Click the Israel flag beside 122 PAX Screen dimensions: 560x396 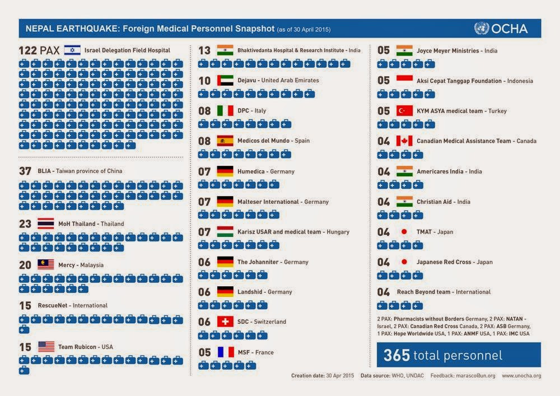(x=72, y=50)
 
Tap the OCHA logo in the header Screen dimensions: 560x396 (x=501, y=29)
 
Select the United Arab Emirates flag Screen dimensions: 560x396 (x=225, y=80)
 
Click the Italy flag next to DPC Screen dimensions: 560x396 (x=225, y=111)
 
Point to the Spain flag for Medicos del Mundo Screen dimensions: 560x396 (x=225, y=141)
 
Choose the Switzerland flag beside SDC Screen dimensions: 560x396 (x=225, y=322)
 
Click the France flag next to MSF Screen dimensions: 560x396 (x=225, y=352)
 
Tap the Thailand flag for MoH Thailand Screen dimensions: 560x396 (x=46, y=223)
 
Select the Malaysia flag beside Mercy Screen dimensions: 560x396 (x=46, y=264)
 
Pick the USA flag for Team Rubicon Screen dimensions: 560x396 (x=46, y=346)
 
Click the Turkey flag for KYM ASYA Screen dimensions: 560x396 (x=404, y=111)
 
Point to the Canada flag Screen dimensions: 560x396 (x=404, y=141)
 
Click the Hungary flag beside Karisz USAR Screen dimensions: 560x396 (x=225, y=231)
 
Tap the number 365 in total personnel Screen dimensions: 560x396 (x=396, y=355)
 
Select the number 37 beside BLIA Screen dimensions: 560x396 (x=25, y=171)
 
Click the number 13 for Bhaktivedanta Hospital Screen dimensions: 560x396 (x=204, y=50)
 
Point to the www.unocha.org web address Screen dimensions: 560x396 (x=521, y=376)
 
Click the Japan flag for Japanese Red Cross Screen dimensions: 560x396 (x=404, y=262)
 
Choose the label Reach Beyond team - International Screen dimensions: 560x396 (x=444, y=292)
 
